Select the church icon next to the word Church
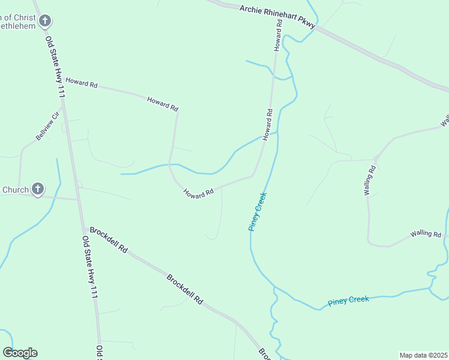tap(37, 190)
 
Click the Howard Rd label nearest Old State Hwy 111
tap(81, 83)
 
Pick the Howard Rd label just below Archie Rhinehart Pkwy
tap(278, 35)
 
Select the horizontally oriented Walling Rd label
tap(426, 233)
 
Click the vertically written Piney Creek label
tap(258, 211)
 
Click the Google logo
tap(20, 353)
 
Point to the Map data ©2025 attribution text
tap(423, 355)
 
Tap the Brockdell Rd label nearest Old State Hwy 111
tap(109, 239)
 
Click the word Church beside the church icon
tap(15, 190)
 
